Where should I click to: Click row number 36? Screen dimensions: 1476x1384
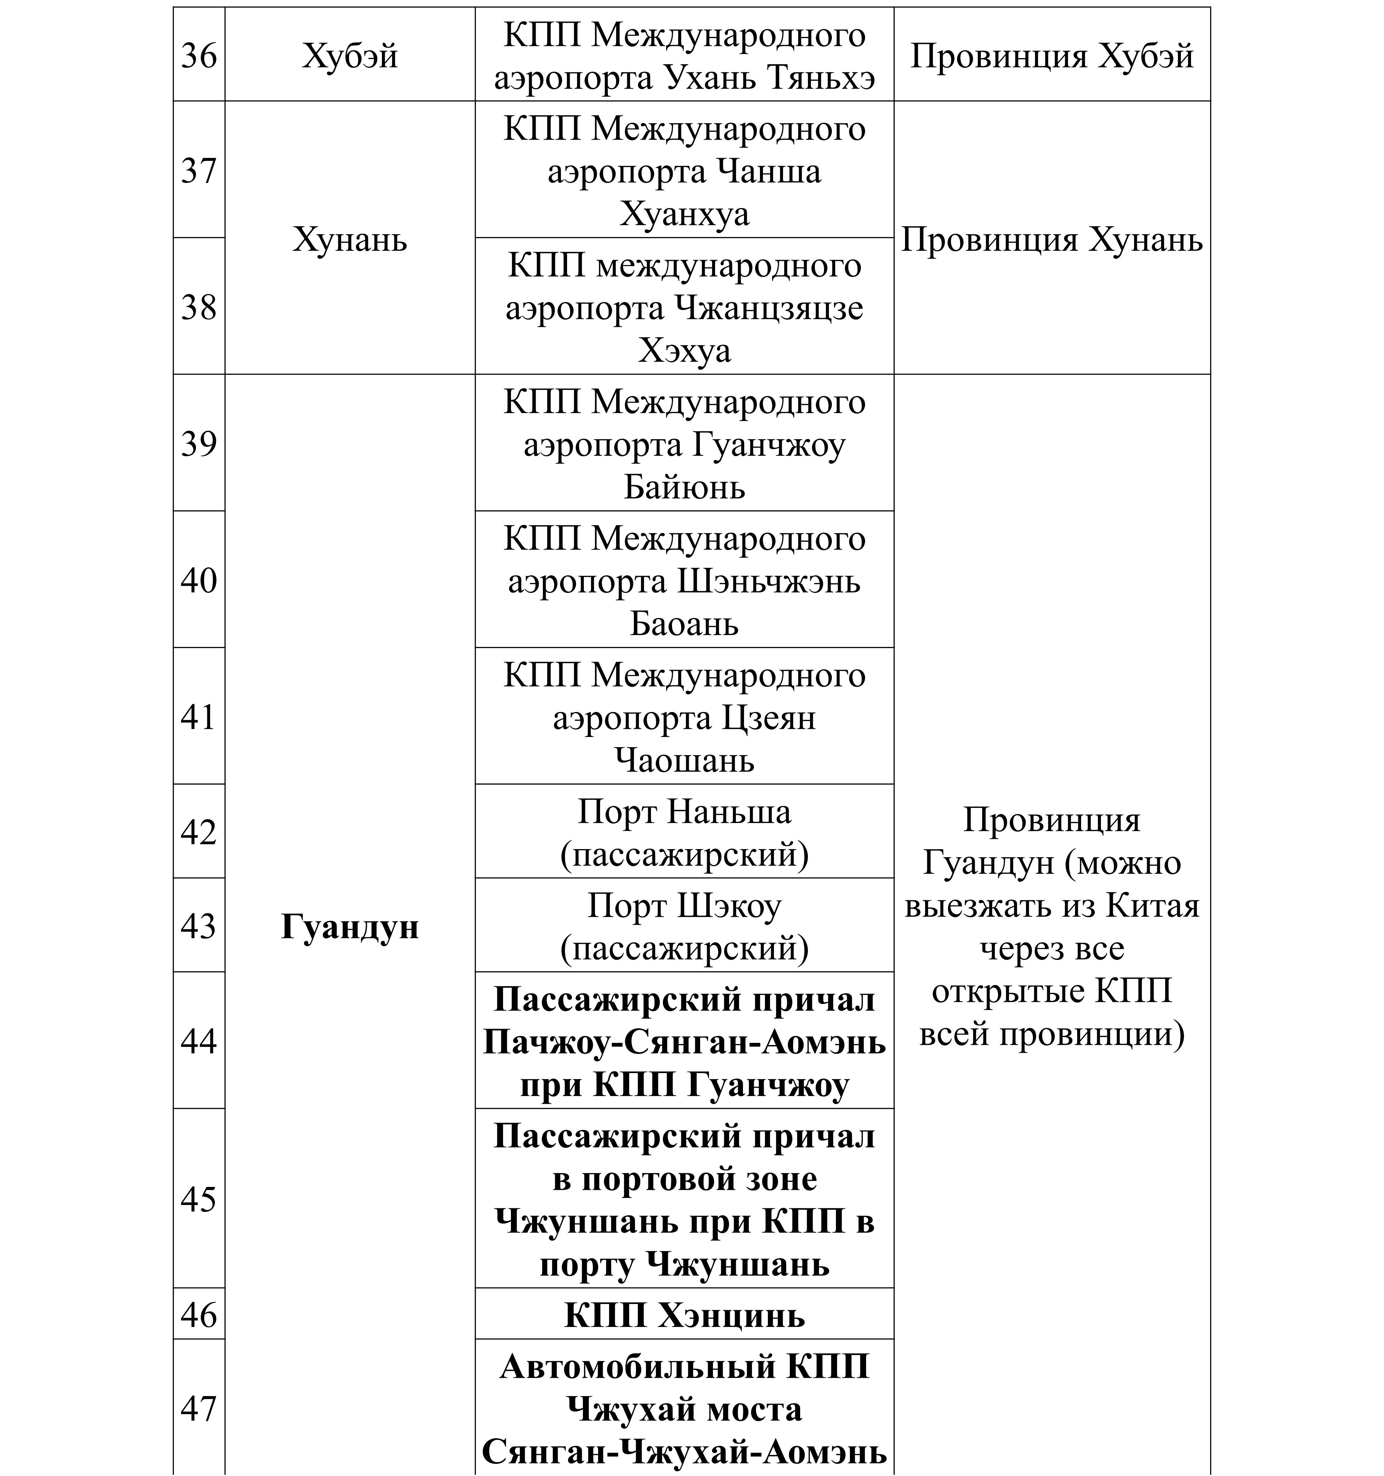pyautogui.click(x=198, y=56)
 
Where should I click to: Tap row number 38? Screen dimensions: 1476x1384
pyautogui.click(x=198, y=307)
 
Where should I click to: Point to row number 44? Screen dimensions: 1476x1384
pyautogui.click(x=198, y=1041)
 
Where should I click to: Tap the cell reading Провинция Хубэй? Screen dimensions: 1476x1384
pyautogui.click(x=1051, y=56)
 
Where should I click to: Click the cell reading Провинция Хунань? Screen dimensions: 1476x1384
pyautogui.click(x=1051, y=239)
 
